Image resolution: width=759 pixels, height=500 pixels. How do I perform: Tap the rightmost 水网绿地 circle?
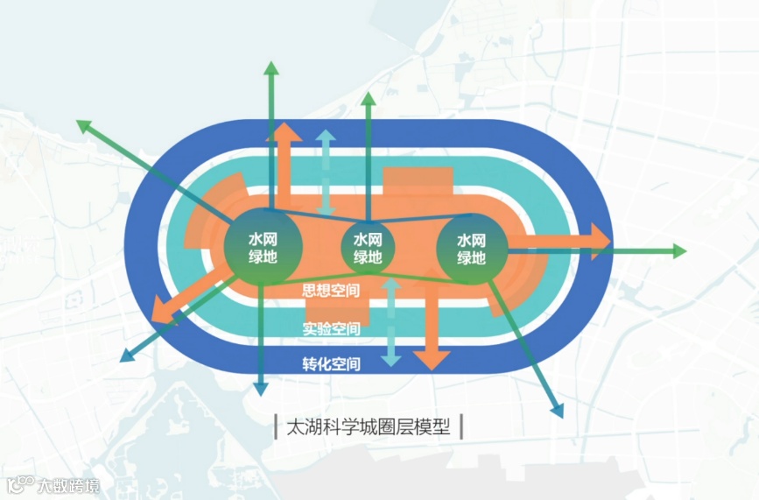[x=472, y=248]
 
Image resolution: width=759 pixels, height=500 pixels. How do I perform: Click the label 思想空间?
[x=331, y=291]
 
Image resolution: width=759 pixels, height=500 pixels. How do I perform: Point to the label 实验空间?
[x=331, y=329]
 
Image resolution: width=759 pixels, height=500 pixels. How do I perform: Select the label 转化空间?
[x=331, y=363]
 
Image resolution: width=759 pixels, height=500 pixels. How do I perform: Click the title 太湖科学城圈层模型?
[x=368, y=427]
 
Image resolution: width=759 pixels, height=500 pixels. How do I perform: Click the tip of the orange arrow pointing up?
[x=285, y=128]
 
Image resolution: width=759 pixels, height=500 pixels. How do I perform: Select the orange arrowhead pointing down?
[x=432, y=359]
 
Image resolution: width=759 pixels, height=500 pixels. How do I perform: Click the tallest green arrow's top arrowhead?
[x=271, y=69]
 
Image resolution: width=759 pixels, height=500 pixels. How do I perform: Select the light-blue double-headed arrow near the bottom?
[x=390, y=323]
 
